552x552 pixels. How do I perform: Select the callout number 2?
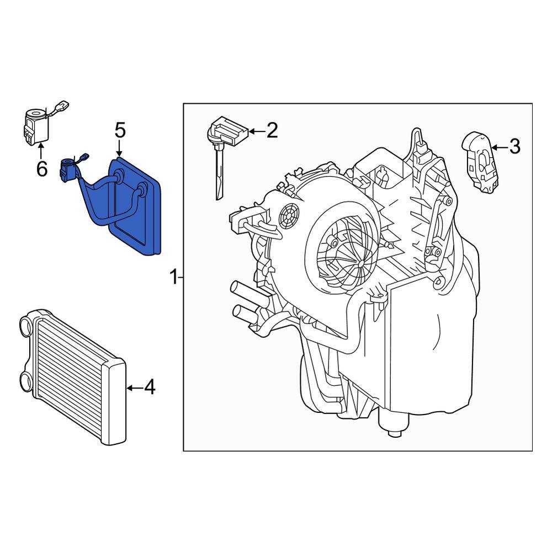[272, 131]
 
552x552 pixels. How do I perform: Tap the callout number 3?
[514, 147]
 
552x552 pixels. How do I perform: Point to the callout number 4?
[149, 388]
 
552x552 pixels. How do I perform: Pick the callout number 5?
[120, 131]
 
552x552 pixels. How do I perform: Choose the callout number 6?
[42, 169]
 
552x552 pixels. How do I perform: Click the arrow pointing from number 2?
[256, 131]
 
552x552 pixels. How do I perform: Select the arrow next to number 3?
[498, 147]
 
